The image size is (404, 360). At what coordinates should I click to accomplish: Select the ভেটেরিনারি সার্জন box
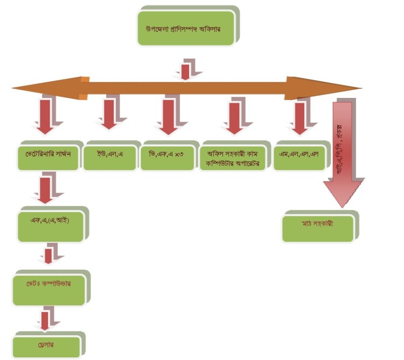point(45,155)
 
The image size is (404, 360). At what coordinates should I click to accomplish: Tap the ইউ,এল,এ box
point(109,155)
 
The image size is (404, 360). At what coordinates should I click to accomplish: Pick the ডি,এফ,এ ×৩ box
point(166,155)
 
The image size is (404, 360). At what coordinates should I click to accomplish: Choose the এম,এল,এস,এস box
point(298,155)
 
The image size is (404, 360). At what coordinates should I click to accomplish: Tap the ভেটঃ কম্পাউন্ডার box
point(48,287)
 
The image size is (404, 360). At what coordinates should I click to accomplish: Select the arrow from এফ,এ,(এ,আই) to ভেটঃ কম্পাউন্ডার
point(49,254)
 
